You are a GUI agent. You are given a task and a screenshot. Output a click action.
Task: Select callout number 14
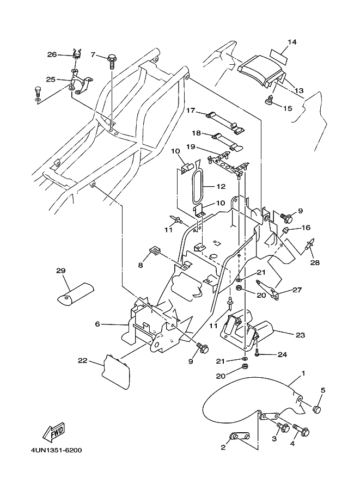(292, 42)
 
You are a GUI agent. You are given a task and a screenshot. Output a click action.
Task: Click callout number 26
(52, 54)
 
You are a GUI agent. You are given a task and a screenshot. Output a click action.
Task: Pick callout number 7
(93, 55)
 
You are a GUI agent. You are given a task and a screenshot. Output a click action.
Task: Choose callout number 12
(220, 186)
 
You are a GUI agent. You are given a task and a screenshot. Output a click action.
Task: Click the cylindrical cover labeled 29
(76, 292)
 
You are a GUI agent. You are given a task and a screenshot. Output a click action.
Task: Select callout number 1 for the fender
(303, 373)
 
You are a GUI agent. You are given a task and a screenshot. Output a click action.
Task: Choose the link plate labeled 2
(239, 437)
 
